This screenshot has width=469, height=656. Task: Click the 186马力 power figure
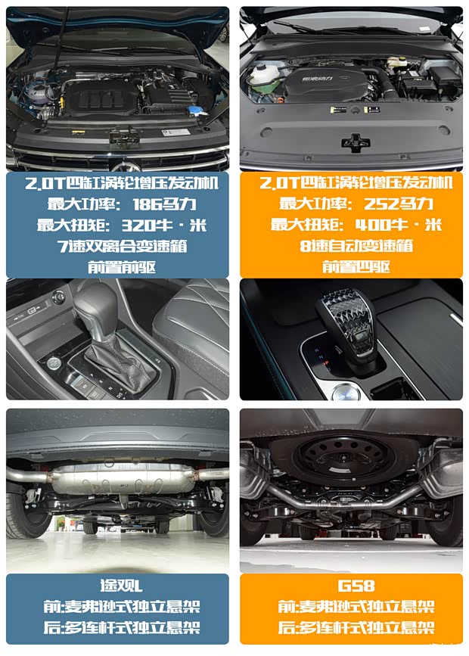pos(164,204)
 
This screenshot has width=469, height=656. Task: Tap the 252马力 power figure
pos(399,204)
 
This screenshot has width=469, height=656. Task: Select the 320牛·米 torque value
pos(164,225)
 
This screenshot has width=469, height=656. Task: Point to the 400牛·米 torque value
pos(399,225)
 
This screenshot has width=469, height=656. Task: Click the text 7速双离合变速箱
pos(122,246)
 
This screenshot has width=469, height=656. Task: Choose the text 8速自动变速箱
pos(356,246)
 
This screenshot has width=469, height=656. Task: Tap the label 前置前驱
pos(122,267)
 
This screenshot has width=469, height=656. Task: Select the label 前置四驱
pos(356,266)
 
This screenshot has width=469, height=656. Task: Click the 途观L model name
pos(121,586)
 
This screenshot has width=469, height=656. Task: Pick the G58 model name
pos(356,586)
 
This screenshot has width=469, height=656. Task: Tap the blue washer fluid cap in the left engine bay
pos(195,111)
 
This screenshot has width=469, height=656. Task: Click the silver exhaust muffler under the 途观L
pos(121,479)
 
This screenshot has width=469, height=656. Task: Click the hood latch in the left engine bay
pos(124,137)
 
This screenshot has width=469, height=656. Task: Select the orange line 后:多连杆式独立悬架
pos(356,627)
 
